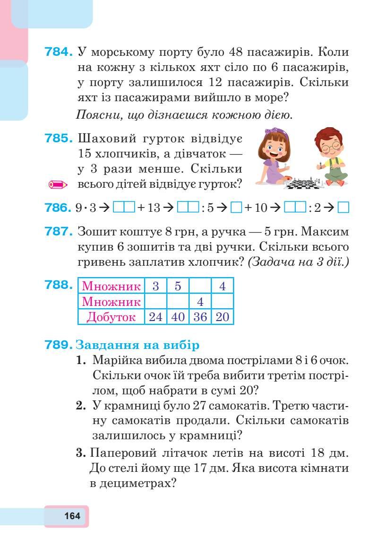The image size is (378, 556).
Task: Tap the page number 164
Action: coord(72,516)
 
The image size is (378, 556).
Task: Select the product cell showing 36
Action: coord(200,317)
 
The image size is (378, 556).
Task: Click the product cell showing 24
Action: coord(155,317)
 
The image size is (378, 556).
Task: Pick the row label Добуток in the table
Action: coord(111,317)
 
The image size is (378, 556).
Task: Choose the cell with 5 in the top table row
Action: coord(178,286)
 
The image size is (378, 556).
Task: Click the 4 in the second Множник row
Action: coord(200,301)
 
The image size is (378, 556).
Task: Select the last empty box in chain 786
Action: coord(344,208)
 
